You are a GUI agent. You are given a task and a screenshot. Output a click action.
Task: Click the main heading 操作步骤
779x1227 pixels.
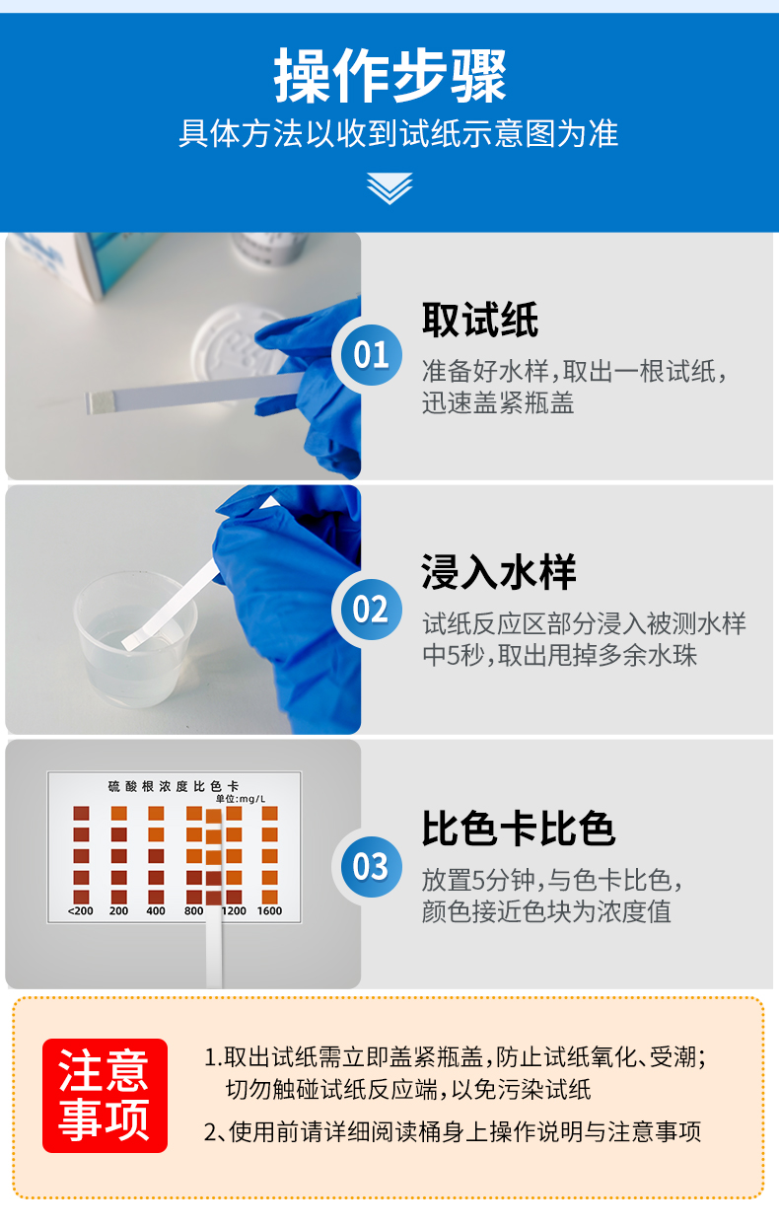[x=389, y=76]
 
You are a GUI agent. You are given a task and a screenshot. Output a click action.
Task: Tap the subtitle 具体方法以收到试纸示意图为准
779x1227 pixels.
[x=398, y=134]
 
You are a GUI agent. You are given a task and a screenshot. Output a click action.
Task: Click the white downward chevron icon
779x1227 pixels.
[x=389, y=186]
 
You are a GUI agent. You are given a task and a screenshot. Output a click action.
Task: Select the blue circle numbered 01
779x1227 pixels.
[x=371, y=354]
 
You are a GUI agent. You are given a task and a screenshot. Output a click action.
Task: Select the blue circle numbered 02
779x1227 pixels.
[x=371, y=610]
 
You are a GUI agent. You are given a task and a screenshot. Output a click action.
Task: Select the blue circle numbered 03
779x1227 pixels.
[x=371, y=866]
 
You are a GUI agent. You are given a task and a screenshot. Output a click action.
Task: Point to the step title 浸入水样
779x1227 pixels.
[x=499, y=572]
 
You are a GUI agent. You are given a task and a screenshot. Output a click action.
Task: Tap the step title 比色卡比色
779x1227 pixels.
[x=519, y=829]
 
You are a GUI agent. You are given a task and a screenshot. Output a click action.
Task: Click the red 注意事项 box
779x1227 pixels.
[x=105, y=1095]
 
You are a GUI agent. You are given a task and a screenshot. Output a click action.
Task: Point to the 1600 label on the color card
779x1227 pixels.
[x=269, y=910]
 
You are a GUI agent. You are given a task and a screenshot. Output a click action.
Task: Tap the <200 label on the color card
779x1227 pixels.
[x=81, y=910]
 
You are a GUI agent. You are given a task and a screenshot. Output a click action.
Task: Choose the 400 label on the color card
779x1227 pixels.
[x=156, y=910]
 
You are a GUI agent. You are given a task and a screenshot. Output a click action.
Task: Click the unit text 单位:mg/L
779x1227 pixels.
[x=241, y=799]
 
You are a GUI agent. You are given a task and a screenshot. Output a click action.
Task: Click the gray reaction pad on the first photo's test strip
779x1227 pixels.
[x=103, y=402]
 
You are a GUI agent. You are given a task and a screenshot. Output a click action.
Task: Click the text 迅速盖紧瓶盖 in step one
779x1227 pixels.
[x=498, y=402]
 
